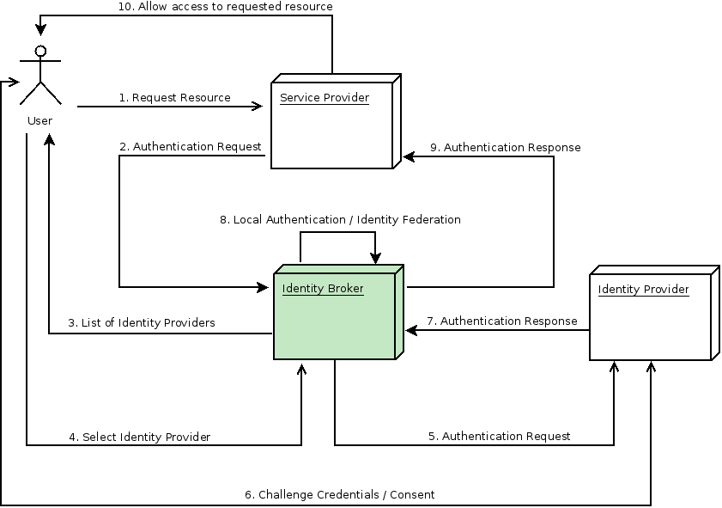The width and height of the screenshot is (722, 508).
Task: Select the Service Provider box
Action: point(331,125)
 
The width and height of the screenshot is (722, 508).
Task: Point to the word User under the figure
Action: point(39,121)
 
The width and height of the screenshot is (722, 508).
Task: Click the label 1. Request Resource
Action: point(174,98)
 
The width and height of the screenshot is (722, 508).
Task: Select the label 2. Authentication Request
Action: point(191,147)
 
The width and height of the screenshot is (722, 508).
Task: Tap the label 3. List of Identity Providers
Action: point(142,323)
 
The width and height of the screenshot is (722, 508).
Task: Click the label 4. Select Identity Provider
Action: point(140,438)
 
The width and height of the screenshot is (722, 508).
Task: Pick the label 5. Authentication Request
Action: point(499,437)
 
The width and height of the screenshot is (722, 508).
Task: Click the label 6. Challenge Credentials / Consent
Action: point(340,495)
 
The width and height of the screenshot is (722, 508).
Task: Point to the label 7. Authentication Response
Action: point(502,321)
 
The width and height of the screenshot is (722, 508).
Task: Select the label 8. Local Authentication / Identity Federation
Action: point(340,220)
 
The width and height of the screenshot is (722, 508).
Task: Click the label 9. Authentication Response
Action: point(506,148)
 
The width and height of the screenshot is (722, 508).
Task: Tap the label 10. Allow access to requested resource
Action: point(225,7)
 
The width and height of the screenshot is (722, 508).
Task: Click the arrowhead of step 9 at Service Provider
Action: point(410,156)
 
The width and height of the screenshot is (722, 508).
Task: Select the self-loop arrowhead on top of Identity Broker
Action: point(375,258)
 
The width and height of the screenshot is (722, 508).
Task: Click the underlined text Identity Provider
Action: point(643,290)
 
